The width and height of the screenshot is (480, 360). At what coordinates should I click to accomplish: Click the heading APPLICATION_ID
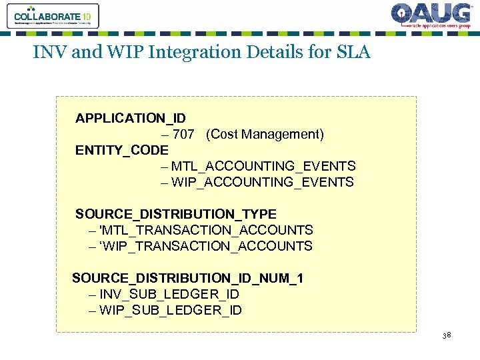point(131,119)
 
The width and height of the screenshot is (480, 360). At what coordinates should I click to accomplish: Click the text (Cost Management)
point(265,135)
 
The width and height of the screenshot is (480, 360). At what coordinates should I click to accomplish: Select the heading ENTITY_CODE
point(122,150)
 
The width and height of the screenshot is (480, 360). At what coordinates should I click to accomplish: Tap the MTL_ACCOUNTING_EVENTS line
point(263,166)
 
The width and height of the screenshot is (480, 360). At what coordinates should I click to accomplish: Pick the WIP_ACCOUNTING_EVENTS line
point(262,182)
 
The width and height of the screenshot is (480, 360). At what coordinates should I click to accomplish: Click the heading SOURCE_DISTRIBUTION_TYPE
point(175,214)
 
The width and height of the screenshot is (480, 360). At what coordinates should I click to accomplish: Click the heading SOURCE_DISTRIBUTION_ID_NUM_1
point(187,278)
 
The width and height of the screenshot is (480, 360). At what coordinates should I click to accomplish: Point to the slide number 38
point(447,335)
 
